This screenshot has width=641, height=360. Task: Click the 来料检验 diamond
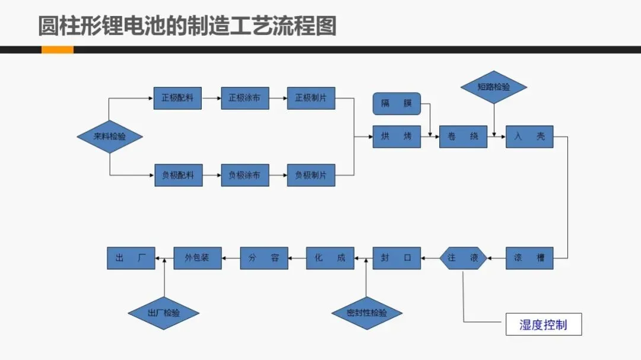[x=110, y=136]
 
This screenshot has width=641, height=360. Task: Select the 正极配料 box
[x=177, y=98]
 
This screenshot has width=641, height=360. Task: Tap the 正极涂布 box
[x=245, y=98]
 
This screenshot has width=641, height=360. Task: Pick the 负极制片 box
[x=311, y=176]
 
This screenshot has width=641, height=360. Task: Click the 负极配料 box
[x=178, y=176]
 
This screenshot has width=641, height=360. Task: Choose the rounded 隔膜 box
[x=396, y=104]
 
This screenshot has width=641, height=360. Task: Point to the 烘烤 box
[x=396, y=136]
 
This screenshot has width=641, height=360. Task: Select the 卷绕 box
[x=463, y=136]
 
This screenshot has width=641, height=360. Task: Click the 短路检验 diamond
[x=494, y=87]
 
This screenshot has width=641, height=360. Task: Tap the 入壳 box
[x=529, y=136]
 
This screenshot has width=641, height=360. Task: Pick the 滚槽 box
[x=529, y=258]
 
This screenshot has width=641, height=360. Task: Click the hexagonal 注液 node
[x=463, y=258]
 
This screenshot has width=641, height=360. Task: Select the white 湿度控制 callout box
[x=543, y=324]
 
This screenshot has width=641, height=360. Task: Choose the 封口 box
[x=396, y=258]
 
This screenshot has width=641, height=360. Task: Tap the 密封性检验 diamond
[x=367, y=313]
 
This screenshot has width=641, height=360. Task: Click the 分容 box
[x=264, y=258]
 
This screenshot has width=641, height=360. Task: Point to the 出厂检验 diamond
[x=163, y=313]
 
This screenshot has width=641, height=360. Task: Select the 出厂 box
[x=131, y=258]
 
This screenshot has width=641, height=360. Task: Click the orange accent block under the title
[x=57, y=50]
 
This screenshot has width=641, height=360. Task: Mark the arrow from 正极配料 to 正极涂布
[x=211, y=98]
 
